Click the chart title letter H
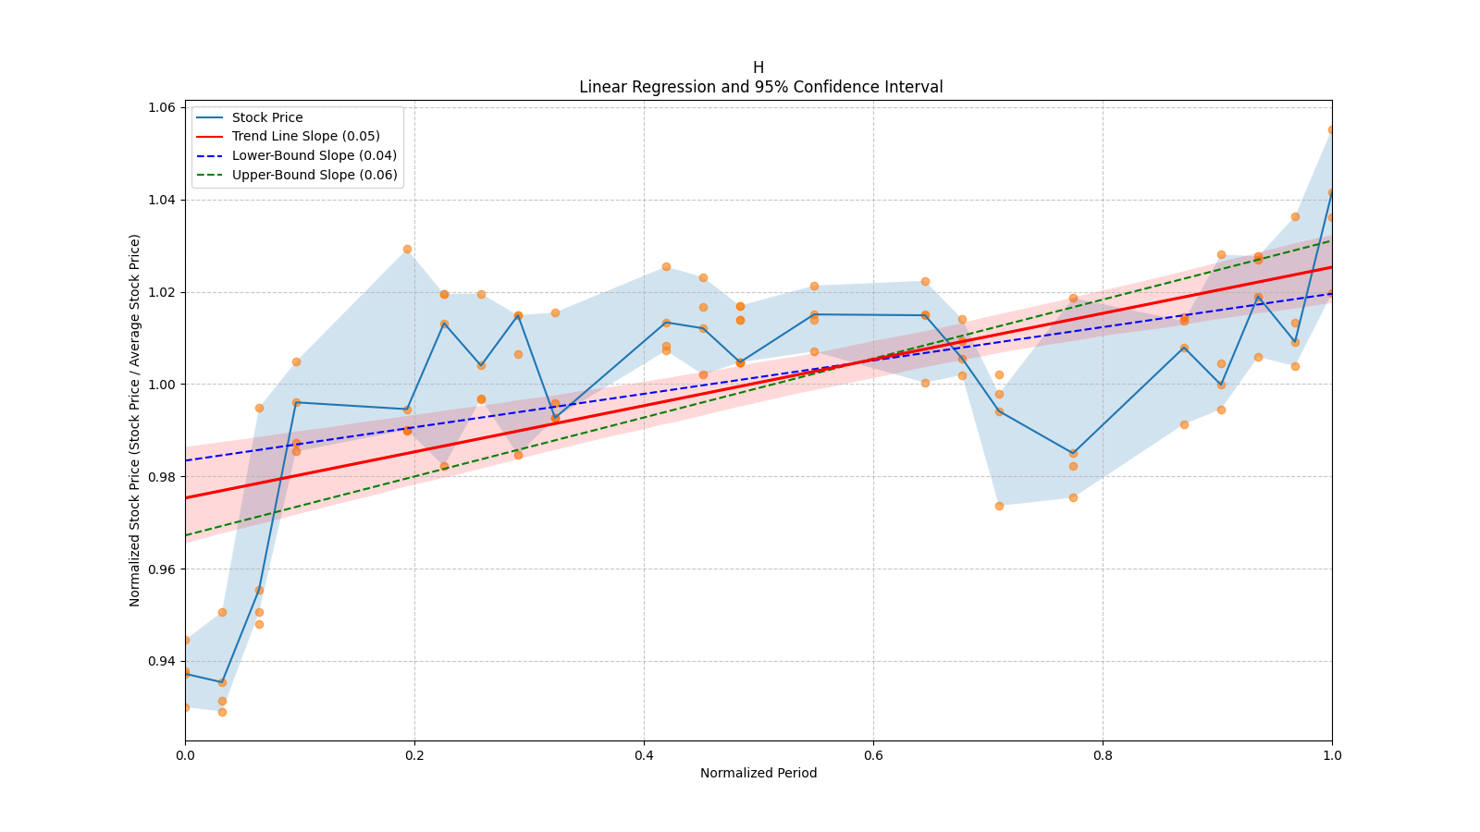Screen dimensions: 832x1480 (758, 67)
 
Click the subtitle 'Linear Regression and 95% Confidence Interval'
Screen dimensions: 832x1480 (760, 87)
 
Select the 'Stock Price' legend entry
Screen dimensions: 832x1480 (267, 117)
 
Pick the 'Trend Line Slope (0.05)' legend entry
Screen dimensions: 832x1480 (305, 136)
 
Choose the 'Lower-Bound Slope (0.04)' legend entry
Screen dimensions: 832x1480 (314, 155)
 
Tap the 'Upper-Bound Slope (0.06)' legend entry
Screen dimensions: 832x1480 (314, 175)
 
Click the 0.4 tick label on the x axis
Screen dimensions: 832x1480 (644, 755)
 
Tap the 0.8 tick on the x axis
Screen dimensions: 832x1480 (1103, 755)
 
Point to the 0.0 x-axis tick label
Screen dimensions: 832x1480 (185, 755)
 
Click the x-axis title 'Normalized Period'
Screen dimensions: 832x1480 (758, 773)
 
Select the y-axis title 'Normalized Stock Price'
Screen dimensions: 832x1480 (135, 420)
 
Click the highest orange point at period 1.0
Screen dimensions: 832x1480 (1332, 129)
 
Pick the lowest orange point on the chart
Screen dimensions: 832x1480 (222, 712)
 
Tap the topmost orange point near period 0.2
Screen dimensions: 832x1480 (407, 249)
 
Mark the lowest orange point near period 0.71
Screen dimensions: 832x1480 (999, 506)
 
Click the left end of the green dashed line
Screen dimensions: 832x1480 (186, 535)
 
